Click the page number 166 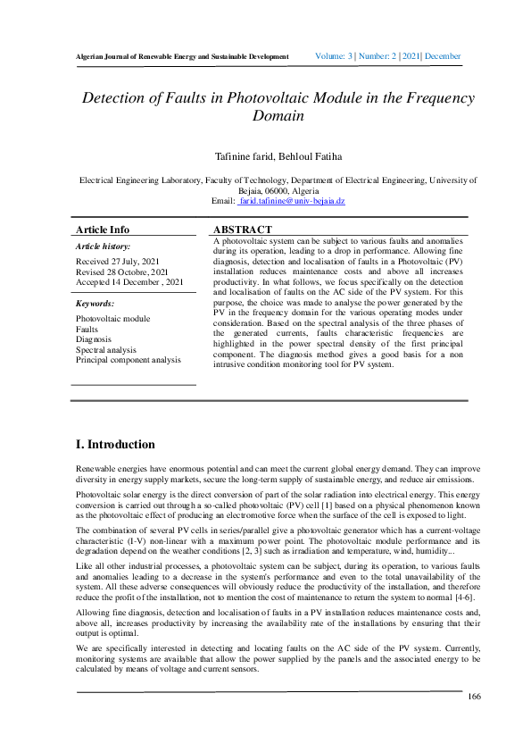[474, 697]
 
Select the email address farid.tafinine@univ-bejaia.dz [291, 202]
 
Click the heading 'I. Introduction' [116, 444]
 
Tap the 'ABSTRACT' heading [243, 230]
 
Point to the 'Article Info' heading [103, 230]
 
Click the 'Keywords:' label [95, 304]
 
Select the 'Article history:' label [103, 246]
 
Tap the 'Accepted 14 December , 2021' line [130, 281]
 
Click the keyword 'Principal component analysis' [128, 360]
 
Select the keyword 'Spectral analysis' [106, 350]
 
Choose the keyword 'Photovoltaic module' [112, 319]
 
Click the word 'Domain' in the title [278, 116]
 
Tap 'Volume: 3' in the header [336, 56]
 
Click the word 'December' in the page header [443, 56]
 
